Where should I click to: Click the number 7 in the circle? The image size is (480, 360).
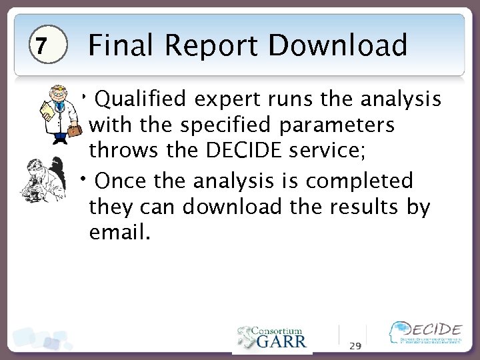(x=41, y=47)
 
